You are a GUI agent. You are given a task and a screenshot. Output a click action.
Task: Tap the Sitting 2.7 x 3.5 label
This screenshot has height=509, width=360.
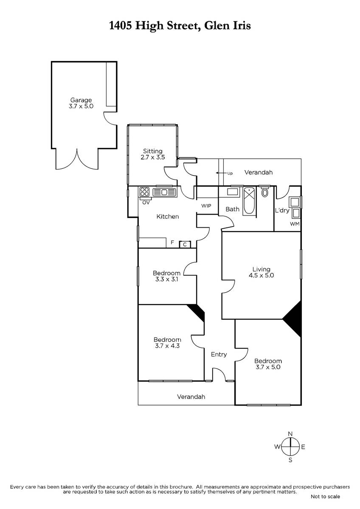tap(152, 154)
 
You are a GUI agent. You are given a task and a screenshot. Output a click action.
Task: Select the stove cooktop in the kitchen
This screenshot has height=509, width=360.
tap(144, 192)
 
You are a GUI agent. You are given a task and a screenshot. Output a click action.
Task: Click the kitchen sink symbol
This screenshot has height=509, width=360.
tap(164, 192)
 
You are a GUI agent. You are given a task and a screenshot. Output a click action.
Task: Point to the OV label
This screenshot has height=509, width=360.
tap(146, 203)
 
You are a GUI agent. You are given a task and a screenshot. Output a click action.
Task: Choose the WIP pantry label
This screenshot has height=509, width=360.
tap(206, 206)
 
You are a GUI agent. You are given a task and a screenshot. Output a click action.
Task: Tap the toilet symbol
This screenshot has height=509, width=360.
tap(264, 191)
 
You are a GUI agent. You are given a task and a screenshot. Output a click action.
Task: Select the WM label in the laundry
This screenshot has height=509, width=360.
tap(295, 224)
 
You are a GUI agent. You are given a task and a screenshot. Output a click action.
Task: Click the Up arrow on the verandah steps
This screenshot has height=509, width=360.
tap(220, 173)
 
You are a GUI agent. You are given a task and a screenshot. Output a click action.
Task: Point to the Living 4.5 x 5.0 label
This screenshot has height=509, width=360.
tap(262, 272)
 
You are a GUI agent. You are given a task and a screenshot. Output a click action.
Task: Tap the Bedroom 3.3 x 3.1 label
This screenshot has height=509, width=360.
tap(166, 276)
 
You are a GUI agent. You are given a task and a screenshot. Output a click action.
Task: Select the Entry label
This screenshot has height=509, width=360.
tap(219, 354)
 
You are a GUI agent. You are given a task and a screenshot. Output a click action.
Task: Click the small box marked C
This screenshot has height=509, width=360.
tap(185, 244)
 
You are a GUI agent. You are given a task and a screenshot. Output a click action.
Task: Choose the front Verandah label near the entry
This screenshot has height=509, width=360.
tap(191, 397)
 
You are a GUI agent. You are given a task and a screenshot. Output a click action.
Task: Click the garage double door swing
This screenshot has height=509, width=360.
tap(77, 160)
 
